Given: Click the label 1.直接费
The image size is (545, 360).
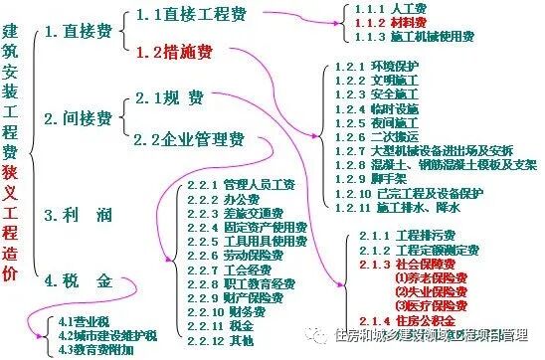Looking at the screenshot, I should tap(81, 33).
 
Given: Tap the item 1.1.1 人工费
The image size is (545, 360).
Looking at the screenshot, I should tap(392, 8).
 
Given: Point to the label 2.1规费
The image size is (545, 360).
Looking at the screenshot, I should tap(169, 97).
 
